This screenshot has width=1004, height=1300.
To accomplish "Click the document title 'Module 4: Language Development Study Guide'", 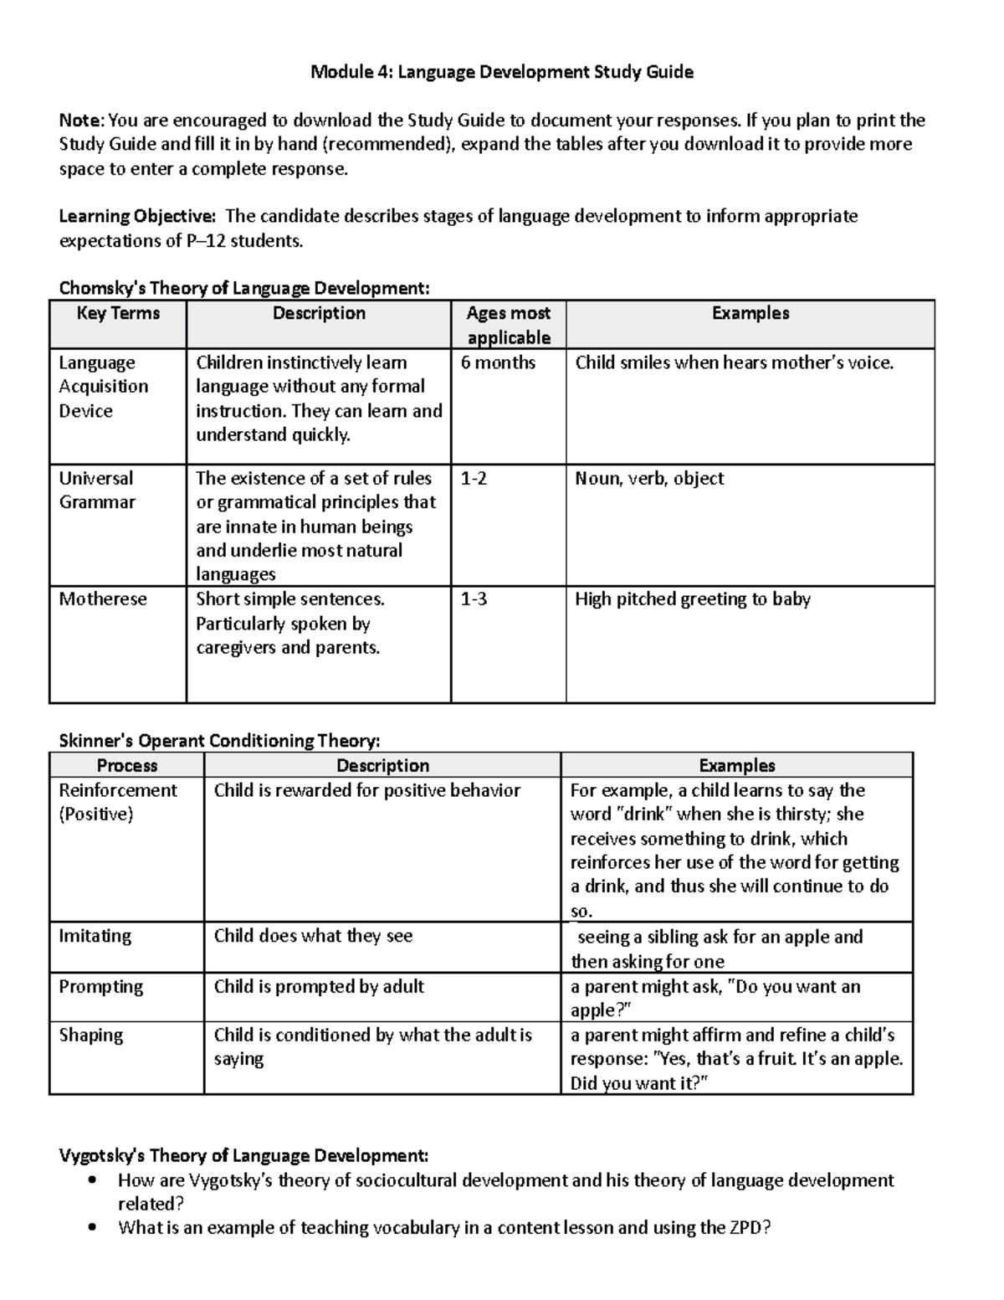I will pos(502,72).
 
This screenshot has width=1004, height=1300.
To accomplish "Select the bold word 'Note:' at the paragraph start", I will pos(82,121).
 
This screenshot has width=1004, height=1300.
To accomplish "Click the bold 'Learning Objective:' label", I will pos(137,217).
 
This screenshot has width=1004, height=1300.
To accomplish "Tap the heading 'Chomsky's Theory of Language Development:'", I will pos(244,289).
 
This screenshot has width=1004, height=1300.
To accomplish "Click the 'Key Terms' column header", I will pos(118,314).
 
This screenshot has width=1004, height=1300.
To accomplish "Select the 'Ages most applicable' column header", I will pos(508,325).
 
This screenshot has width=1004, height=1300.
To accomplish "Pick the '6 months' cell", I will pos(498,362).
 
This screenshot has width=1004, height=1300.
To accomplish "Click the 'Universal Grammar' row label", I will pos(96,490).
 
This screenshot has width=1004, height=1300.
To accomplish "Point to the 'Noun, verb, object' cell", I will pos(649,479).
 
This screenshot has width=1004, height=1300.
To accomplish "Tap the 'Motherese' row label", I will pos(103,599).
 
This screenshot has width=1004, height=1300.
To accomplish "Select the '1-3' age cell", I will pos(474,599).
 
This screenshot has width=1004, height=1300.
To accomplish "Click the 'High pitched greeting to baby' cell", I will pos(693,599).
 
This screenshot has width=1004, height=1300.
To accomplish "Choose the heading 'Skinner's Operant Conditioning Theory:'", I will pos(219,741).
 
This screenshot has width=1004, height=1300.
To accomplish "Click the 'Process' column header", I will pos(127,765).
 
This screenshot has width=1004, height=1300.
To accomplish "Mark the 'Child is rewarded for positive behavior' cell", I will pos(367,790).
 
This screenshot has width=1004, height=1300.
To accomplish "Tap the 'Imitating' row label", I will pos(95,936).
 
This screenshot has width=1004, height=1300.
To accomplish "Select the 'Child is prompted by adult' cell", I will pos(319,987).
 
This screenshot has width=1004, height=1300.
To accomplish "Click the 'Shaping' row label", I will pos(90,1035).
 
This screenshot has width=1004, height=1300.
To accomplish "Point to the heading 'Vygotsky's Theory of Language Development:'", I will pos(243,1156).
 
